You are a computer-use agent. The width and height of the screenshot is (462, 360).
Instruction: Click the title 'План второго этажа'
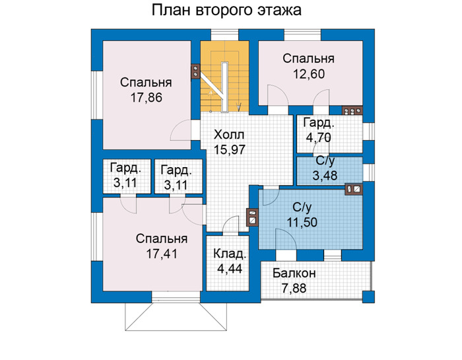click(226, 11)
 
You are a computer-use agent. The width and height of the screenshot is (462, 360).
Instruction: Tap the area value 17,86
click(146, 98)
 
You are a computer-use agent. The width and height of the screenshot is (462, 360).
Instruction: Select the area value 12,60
click(308, 74)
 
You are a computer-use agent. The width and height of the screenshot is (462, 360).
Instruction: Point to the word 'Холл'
click(229, 135)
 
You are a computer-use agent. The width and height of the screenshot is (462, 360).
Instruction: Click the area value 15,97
click(229, 150)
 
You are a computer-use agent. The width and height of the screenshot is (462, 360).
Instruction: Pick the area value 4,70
click(319, 137)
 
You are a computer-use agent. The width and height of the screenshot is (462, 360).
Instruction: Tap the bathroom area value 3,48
click(325, 176)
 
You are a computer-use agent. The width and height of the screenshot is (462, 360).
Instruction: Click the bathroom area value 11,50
click(302, 222)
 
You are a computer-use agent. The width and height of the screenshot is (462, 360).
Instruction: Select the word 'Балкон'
click(294, 273)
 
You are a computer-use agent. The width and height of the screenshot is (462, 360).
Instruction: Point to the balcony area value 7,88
click(294, 288)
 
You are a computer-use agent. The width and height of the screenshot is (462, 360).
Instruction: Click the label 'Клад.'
click(230, 254)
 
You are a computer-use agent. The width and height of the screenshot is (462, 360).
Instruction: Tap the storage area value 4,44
click(230, 268)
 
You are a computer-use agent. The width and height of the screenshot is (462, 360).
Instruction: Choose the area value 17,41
click(162, 254)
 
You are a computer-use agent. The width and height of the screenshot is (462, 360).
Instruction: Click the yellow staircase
click(225, 77)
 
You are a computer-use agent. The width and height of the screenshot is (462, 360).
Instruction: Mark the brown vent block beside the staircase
click(195, 71)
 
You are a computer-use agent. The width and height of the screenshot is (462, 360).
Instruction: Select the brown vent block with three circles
click(352, 110)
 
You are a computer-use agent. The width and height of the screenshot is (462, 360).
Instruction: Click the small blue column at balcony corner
click(368, 297)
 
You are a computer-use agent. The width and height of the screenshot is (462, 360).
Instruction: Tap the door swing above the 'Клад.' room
click(231, 225)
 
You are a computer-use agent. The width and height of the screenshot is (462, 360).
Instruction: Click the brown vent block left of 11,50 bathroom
click(253, 217)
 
